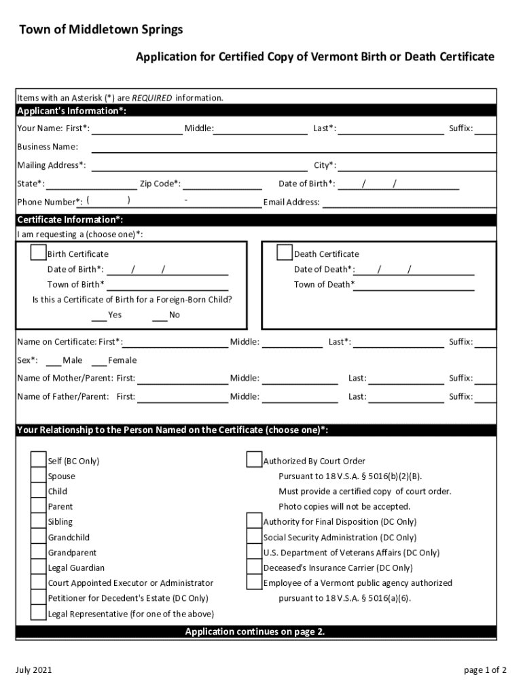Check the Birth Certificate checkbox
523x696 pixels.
39,254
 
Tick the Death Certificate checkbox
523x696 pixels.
285,254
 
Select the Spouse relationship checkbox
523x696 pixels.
39,476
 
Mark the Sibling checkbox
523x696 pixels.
39,522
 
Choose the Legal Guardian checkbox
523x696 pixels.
39,568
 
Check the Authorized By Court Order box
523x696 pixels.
254,461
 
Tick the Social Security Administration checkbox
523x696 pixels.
254,537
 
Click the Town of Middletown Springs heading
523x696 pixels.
101,30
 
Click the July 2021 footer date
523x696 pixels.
35,670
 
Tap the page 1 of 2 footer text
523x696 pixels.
485,670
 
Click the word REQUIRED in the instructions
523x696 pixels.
152,98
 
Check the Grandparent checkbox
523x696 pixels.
39,553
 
